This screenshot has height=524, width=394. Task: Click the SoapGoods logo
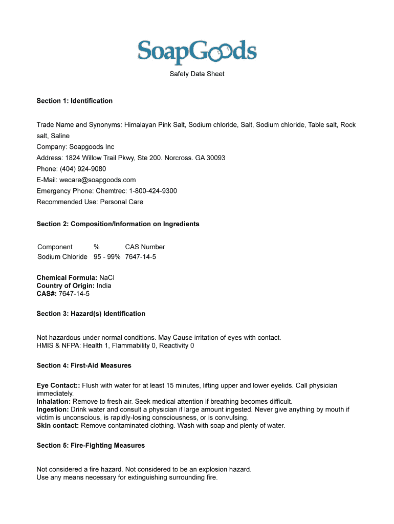[x=197, y=52]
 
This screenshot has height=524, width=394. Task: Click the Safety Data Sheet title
[x=197, y=74]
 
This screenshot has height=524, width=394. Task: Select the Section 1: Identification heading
[x=74, y=101]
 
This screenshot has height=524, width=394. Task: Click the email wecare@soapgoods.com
[x=97, y=180]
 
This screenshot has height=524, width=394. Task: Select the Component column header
[x=55, y=247]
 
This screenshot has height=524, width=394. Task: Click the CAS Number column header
[x=145, y=247]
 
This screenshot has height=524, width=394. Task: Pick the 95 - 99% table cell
[x=106, y=256]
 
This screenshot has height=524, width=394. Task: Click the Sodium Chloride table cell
[x=62, y=256]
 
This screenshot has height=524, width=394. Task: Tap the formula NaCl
[x=106, y=277]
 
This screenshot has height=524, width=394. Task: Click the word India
[x=104, y=286]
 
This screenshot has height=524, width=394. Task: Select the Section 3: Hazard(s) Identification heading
[x=91, y=314]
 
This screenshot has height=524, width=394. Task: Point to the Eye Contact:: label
[x=58, y=385]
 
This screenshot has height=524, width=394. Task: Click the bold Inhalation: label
[x=53, y=401]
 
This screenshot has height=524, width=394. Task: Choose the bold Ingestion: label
[x=52, y=409]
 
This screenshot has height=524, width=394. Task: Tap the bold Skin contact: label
[x=57, y=425]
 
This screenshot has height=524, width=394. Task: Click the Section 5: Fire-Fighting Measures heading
[x=91, y=445]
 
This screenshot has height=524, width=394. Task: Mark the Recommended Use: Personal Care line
[x=90, y=202]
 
